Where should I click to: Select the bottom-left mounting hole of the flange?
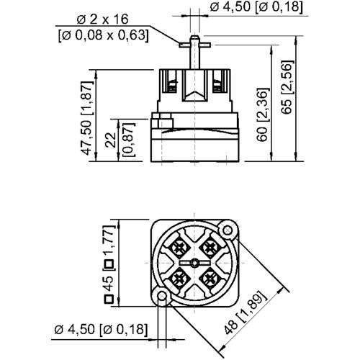click(x=161, y=297)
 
